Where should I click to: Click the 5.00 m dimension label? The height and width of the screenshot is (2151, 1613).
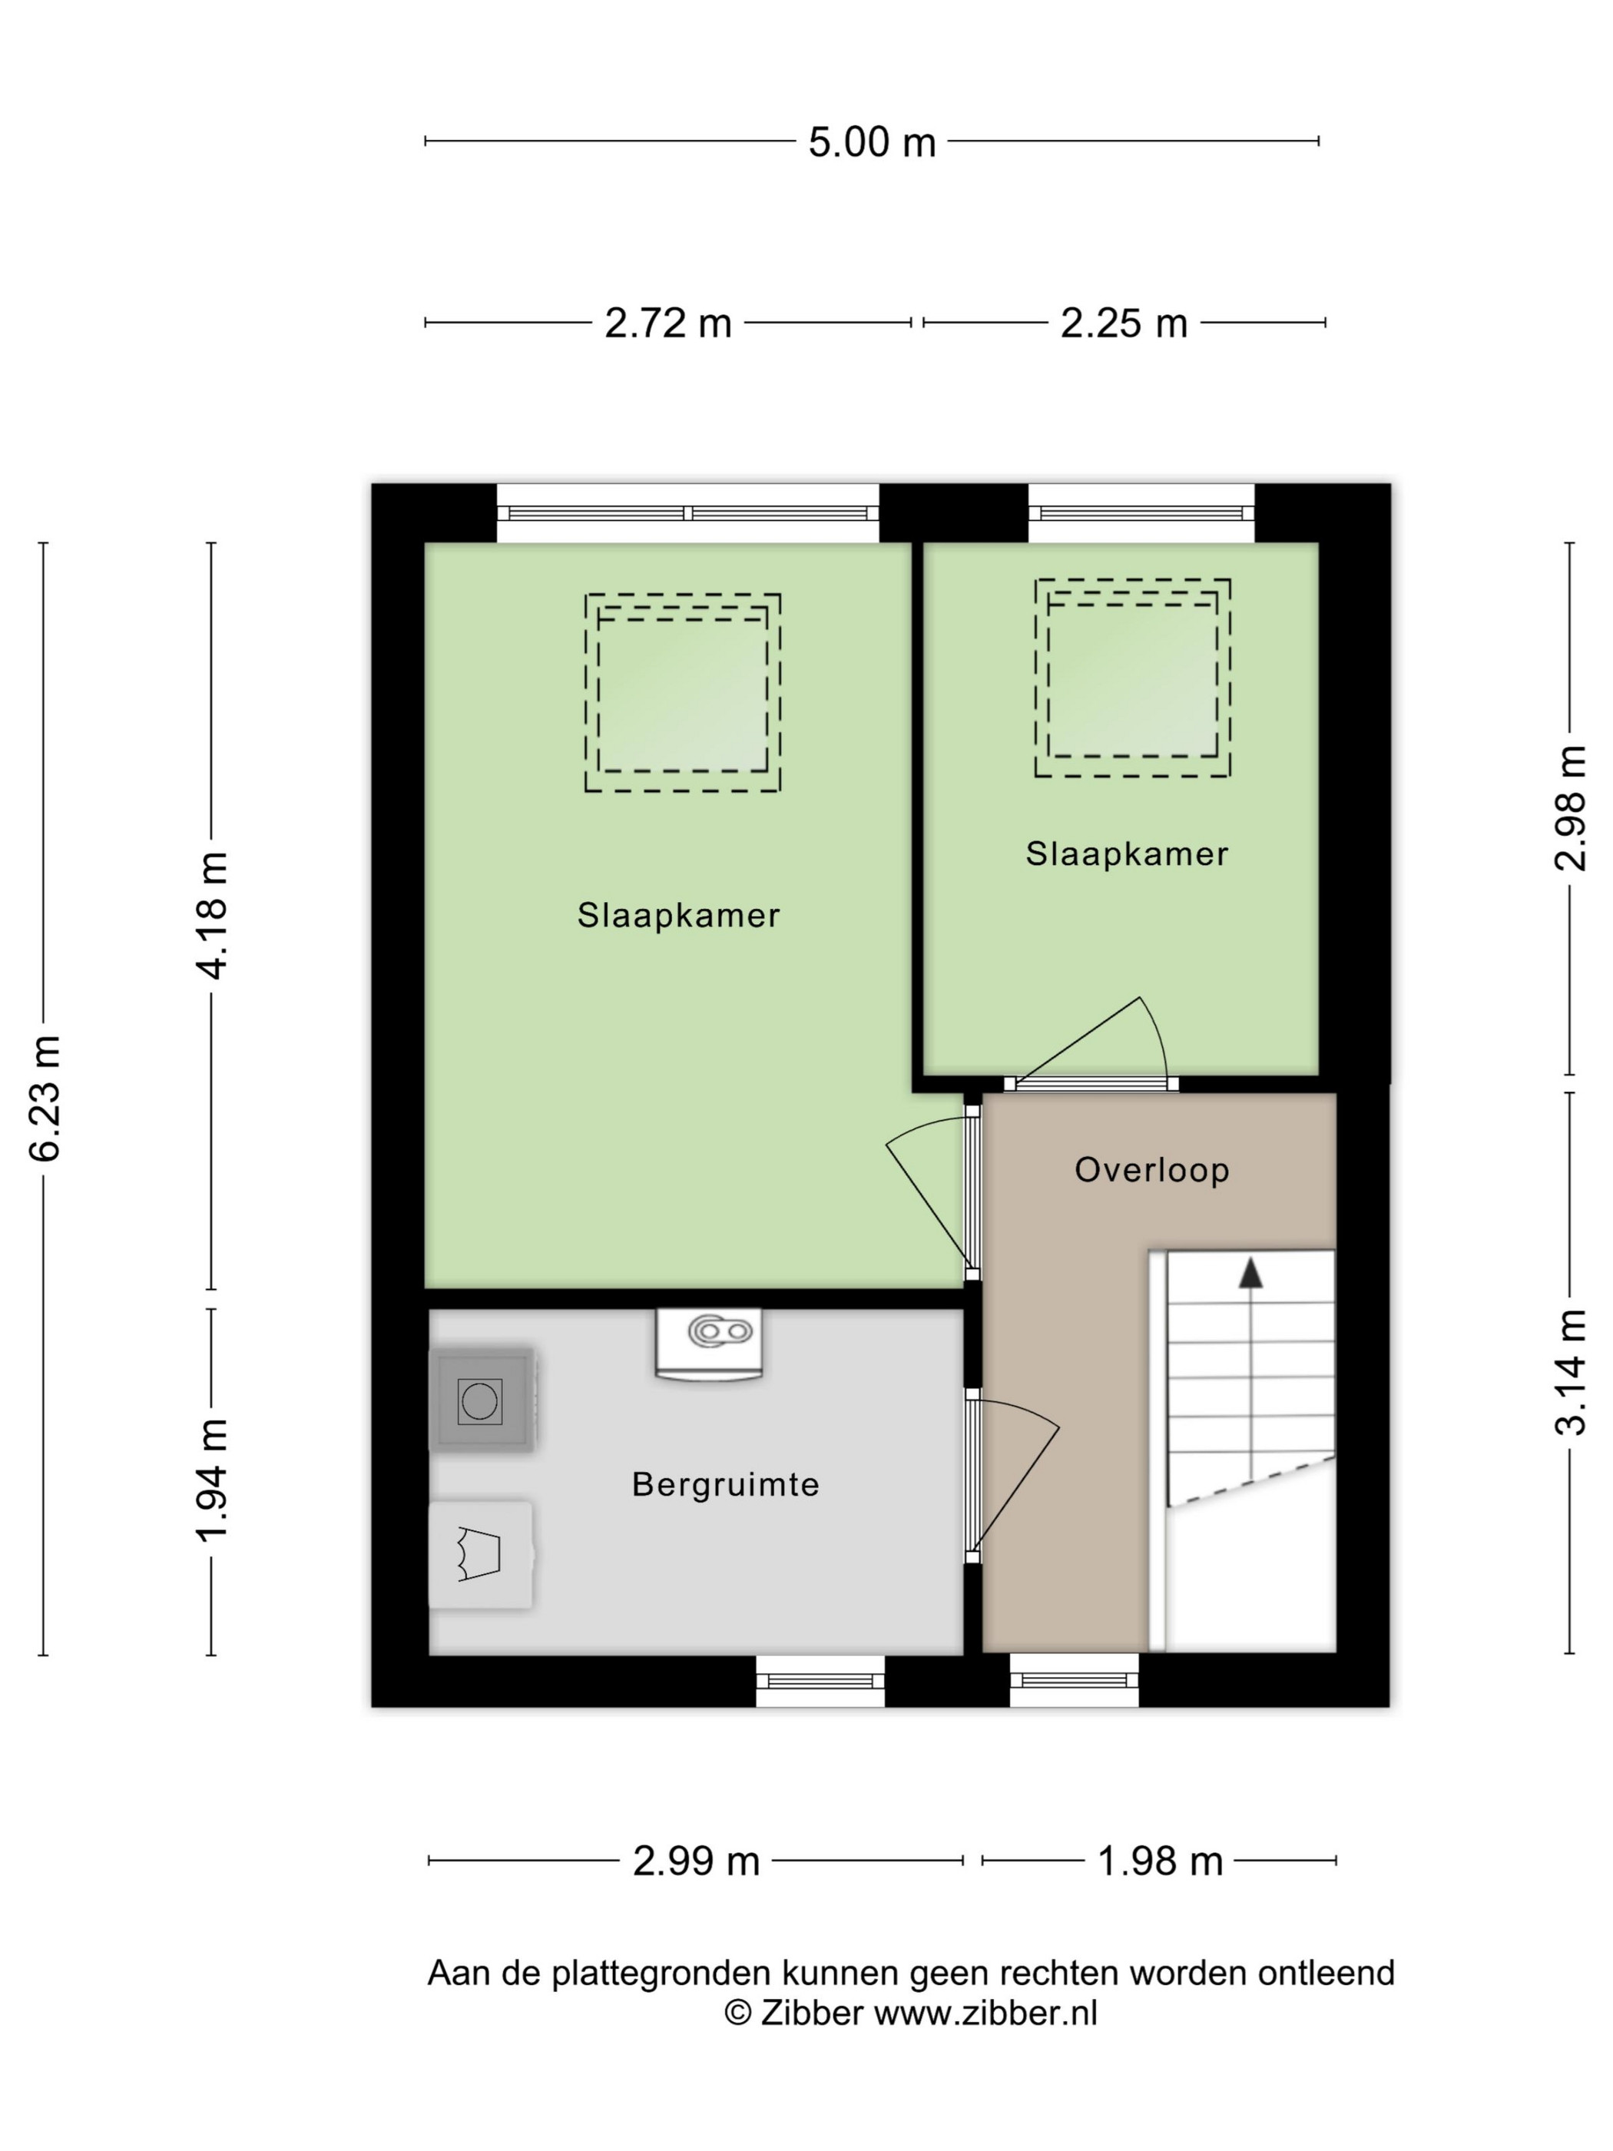[x=871, y=142]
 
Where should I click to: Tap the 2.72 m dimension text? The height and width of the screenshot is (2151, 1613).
[x=668, y=323]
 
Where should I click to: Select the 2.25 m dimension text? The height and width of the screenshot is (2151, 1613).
[x=1124, y=323]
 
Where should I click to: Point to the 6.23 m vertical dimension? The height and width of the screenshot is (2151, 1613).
[x=45, y=1098]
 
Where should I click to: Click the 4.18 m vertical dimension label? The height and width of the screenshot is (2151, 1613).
[x=212, y=915]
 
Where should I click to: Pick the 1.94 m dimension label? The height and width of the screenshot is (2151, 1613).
[x=212, y=1480]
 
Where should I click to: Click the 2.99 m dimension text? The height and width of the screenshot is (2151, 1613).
[x=696, y=1861]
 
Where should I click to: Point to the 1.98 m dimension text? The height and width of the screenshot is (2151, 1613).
[x=1160, y=1861]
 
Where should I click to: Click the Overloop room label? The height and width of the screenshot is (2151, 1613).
[x=1152, y=1170]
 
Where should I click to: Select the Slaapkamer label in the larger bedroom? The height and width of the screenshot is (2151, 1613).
[x=679, y=915]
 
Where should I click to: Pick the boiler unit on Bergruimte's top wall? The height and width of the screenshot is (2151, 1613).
[x=709, y=1343]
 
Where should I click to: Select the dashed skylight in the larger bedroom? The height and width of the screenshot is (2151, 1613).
[x=683, y=694]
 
